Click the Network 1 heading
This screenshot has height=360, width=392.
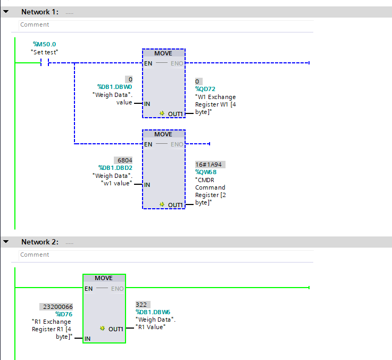[x=39, y=12]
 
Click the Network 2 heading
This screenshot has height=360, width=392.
[x=39, y=242]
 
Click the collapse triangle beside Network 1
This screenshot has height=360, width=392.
[x=6, y=12]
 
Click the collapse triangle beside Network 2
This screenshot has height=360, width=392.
[x=6, y=242]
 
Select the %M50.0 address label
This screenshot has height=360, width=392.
[x=44, y=44]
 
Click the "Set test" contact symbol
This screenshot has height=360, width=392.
[x=44, y=62]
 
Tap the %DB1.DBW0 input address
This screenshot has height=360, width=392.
[x=114, y=87]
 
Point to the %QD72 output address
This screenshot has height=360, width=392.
[x=205, y=89]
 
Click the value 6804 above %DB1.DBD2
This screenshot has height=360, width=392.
[x=123, y=160]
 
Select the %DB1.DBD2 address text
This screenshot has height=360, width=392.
[x=114, y=167]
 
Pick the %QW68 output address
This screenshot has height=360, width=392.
[x=206, y=172]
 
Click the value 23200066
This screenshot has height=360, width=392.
[x=56, y=307]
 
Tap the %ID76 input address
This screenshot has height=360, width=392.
[x=64, y=314]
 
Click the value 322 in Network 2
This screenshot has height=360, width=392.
[x=142, y=305]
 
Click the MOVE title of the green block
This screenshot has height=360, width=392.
[x=104, y=279]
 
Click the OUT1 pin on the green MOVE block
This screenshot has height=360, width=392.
[x=115, y=329]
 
